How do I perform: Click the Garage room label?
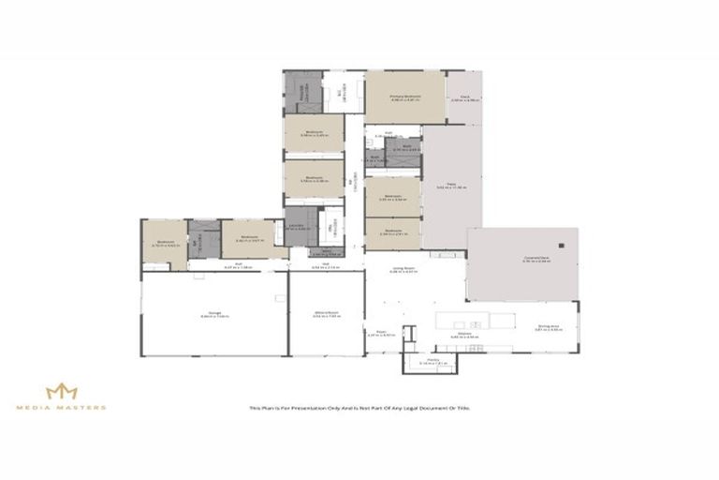click(213, 314)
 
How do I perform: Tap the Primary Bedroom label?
click(405, 97)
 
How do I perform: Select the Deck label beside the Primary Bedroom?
click(464, 97)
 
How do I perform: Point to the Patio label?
click(450, 186)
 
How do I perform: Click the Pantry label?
click(433, 359)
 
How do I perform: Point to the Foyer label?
click(382, 332)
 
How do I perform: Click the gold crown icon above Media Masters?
click(62, 390)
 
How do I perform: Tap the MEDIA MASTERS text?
click(62, 408)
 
